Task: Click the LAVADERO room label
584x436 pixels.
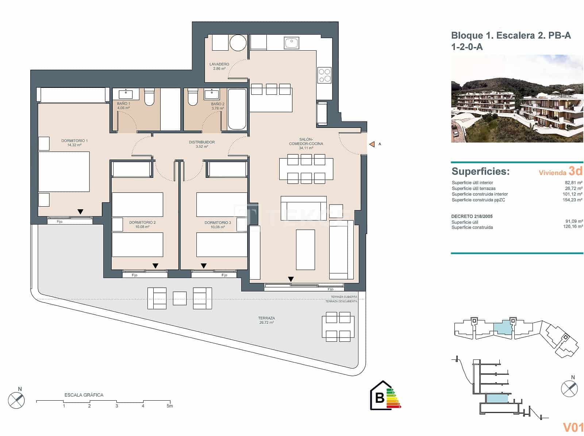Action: pos(219,64)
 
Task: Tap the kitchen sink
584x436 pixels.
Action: pos(291,43)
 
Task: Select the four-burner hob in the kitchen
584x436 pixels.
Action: pos(324,75)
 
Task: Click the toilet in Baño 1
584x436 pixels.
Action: pos(149,97)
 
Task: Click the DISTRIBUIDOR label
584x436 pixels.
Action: pos(202,142)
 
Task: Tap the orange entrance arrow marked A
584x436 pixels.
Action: pos(372,144)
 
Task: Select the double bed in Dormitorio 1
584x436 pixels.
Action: pos(64,171)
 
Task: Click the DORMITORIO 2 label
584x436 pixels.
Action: pos(142,222)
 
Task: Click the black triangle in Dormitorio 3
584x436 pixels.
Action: pos(204,266)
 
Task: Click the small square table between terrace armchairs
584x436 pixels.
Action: pos(179,298)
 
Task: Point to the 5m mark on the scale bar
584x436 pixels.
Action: pos(170,406)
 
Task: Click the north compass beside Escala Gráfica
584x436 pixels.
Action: pos(16,400)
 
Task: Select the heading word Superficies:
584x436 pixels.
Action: pos(480,171)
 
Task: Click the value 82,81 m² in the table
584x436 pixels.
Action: pos(573,183)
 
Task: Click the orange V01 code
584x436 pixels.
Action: pos(573,427)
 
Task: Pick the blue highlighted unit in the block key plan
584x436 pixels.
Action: pos(503,327)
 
